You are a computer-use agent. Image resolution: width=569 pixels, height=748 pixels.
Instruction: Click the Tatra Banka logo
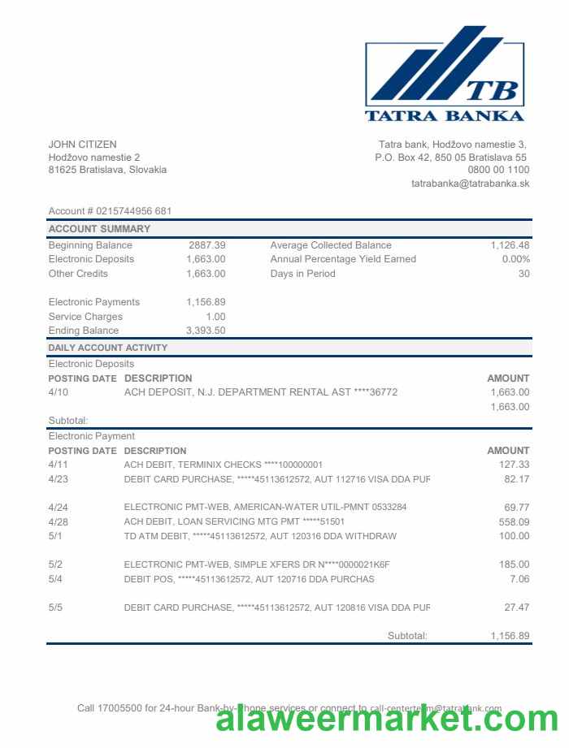click(x=445, y=74)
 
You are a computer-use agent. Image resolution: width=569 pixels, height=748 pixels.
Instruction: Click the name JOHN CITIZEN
click(x=82, y=145)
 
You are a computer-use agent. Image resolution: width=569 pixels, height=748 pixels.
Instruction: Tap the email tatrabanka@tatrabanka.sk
click(x=470, y=184)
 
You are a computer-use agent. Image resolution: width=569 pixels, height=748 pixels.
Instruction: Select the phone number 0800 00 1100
click(x=498, y=170)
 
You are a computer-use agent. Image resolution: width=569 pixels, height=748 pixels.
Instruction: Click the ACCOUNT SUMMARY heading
click(x=99, y=229)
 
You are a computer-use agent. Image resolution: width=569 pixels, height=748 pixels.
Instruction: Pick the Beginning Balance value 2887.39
click(x=206, y=245)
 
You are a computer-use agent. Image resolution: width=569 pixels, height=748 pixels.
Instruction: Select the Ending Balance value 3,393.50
click(x=206, y=331)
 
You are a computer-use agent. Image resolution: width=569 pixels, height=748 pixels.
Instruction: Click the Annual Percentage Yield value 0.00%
click(x=515, y=259)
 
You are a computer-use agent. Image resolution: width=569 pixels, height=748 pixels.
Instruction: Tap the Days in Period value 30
click(x=523, y=274)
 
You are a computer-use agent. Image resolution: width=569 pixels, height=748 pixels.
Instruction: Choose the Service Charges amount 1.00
click(x=215, y=317)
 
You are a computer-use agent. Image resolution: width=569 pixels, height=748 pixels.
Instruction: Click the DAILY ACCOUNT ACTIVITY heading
click(x=107, y=348)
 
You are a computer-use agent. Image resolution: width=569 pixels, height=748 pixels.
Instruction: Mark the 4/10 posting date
click(x=59, y=392)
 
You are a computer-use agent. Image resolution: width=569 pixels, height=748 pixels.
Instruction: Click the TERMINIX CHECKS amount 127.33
click(x=514, y=465)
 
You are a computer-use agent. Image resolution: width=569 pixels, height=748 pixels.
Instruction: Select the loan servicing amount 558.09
click(x=514, y=521)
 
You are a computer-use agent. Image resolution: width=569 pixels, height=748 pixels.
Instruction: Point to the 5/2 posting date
click(x=55, y=564)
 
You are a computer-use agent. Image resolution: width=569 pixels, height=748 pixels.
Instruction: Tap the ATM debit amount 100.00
click(x=514, y=536)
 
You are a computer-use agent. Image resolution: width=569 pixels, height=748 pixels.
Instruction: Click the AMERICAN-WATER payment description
click(x=265, y=508)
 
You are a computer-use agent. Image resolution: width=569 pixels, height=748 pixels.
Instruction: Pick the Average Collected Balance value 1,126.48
click(x=510, y=245)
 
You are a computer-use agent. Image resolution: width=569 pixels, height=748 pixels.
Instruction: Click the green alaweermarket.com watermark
click(x=387, y=720)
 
